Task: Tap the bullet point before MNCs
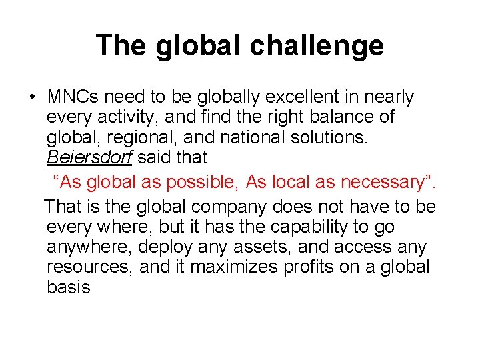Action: [31, 97]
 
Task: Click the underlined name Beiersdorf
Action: [89, 158]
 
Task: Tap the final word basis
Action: [68, 287]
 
